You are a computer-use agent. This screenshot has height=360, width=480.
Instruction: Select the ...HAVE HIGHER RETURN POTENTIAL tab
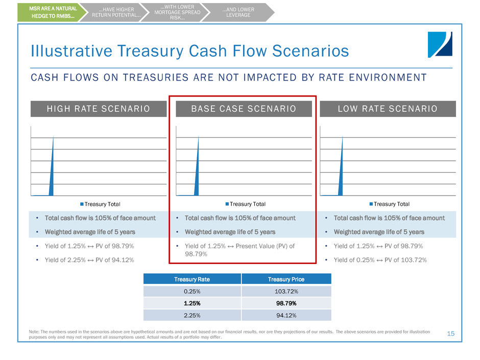pos(116,12)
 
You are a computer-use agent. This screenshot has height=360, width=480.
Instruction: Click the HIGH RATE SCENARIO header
pos(99,109)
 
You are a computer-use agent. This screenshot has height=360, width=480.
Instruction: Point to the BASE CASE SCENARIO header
pos(243,109)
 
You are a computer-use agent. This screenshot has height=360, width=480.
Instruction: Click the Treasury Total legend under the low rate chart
pos(390,204)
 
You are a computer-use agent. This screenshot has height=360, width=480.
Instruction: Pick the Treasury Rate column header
pos(192,279)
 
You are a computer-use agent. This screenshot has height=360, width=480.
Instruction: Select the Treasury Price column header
pos(285,279)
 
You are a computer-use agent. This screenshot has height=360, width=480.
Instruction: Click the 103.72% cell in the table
pos(285,291)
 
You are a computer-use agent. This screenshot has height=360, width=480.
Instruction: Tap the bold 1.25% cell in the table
pos(192,303)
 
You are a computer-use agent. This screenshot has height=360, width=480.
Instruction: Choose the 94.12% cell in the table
pos(285,315)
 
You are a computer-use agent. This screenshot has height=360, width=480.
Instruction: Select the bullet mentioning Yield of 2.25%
pos(85,260)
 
